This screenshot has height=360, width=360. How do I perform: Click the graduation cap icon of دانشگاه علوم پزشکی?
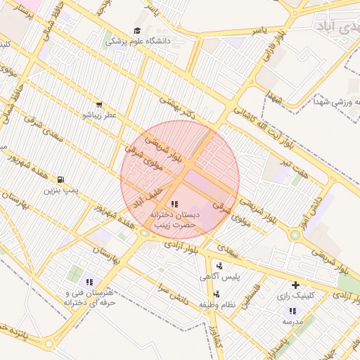click(136, 31)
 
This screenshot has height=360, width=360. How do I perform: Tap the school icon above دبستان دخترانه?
click(175, 203)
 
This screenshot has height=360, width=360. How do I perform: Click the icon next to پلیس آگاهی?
click(220, 266)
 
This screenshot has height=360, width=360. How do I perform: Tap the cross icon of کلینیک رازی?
click(295, 285)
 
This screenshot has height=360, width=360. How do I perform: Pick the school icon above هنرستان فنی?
click(89, 282)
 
